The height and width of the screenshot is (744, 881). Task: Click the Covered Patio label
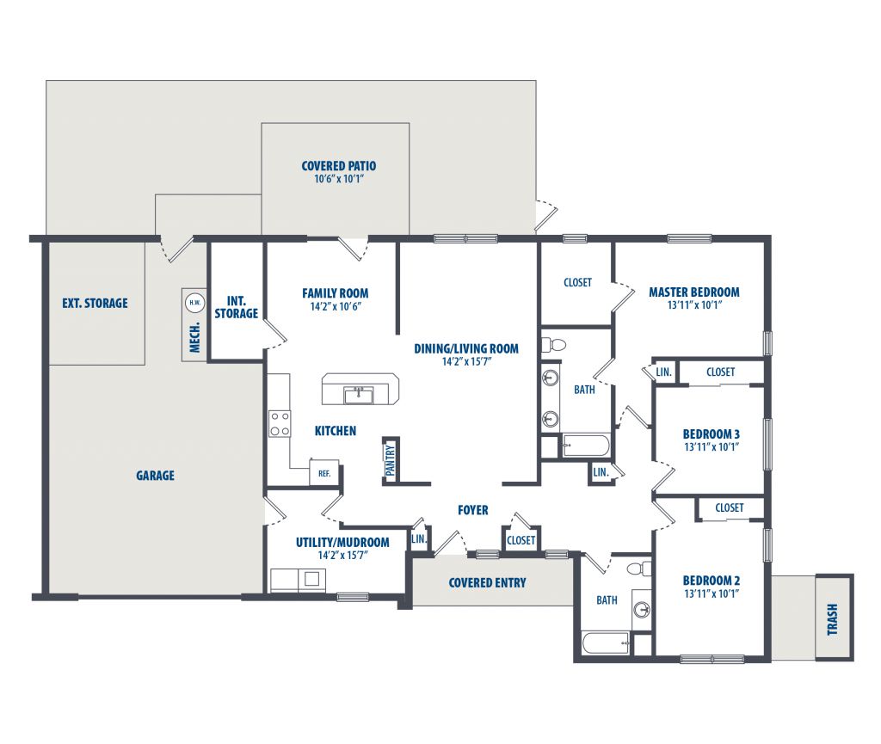click(339, 166)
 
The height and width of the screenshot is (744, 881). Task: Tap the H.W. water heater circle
click(195, 303)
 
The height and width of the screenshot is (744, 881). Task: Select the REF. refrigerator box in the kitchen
click(323, 472)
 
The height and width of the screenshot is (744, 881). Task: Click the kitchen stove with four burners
click(280, 424)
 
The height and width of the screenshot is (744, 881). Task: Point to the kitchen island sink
click(359, 396)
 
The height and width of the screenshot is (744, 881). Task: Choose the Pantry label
click(391, 460)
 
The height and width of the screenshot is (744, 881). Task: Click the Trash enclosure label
click(833, 619)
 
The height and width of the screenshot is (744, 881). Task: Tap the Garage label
click(155, 476)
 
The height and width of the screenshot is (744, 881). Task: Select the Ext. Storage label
click(95, 304)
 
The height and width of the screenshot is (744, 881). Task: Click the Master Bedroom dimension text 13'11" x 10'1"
click(694, 304)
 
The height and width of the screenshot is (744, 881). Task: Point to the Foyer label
click(473, 510)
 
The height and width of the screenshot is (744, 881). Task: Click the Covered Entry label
click(487, 583)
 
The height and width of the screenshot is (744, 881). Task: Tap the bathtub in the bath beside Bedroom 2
click(606, 643)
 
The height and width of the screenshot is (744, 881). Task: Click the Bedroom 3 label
click(712, 434)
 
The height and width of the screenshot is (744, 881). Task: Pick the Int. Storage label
click(236, 307)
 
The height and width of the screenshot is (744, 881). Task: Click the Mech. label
click(195, 337)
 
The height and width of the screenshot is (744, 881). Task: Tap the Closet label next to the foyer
click(521, 540)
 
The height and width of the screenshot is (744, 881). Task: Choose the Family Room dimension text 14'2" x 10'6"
click(336, 306)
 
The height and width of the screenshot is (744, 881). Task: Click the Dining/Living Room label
click(466, 348)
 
